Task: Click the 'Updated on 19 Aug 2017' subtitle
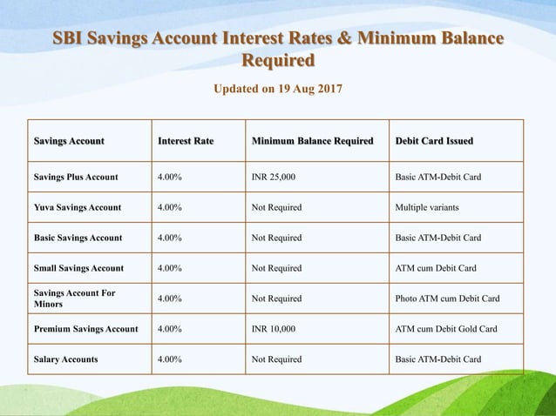278,89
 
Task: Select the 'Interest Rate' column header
186,141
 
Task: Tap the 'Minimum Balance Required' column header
312,141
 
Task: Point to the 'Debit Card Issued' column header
434,141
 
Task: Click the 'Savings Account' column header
69,141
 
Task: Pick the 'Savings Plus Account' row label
76,178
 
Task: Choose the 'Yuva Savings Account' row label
78,208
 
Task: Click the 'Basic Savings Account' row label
78,238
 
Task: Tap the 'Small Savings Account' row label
78,268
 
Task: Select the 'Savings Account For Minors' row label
74,299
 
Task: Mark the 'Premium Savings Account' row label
85,329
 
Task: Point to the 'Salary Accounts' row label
65,359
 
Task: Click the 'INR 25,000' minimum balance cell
274,178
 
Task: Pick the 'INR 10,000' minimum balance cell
274,329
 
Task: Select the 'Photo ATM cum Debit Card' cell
447,299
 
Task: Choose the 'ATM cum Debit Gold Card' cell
445,329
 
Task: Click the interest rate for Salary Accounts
169,359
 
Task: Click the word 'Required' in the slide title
278,61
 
